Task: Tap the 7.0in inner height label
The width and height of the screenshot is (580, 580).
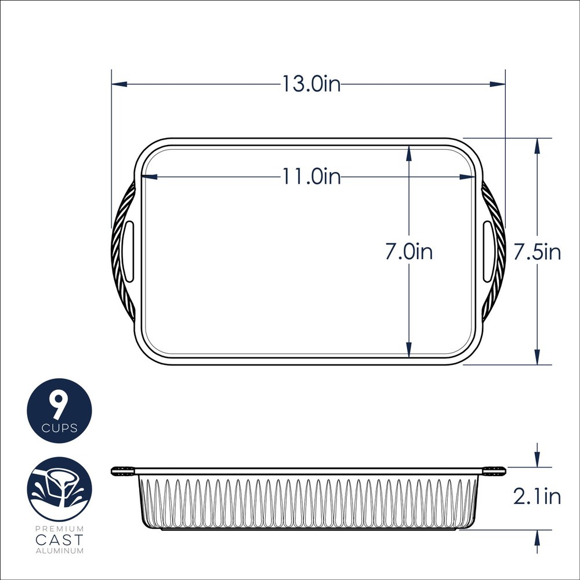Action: pyautogui.click(x=409, y=252)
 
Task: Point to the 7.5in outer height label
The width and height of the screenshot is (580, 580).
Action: pyautogui.click(x=538, y=252)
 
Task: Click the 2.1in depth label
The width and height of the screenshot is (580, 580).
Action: pyautogui.click(x=537, y=496)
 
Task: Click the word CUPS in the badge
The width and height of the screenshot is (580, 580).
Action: pyautogui.click(x=59, y=429)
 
